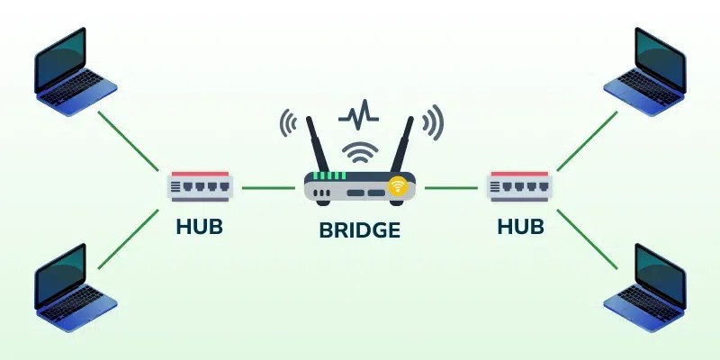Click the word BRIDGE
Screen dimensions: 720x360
(359, 229)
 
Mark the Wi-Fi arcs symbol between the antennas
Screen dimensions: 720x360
(359, 148)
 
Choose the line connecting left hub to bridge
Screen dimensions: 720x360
(267, 188)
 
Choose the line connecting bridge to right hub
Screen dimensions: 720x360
(451, 188)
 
